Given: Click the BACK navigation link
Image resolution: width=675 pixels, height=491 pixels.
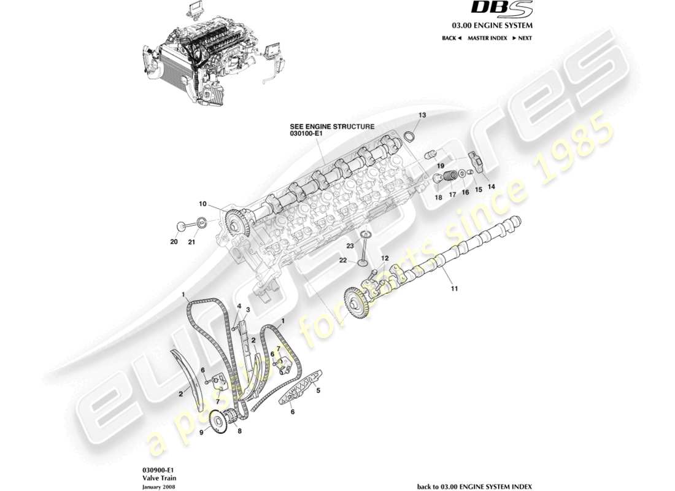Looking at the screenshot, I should (x=451, y=38).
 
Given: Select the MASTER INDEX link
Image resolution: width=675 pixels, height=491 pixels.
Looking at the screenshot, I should (x=487, y=38).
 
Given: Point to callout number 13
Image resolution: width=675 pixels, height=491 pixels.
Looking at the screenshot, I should (x=422, y=115).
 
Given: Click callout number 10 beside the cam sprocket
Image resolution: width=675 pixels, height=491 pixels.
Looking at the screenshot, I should (x=202, y=204).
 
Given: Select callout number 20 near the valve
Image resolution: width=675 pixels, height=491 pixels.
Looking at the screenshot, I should (x=174, y=242).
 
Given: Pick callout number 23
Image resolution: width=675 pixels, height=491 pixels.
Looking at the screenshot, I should (x=350, y=245).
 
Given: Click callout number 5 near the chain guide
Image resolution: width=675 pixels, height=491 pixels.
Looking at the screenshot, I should (x=318, y=389).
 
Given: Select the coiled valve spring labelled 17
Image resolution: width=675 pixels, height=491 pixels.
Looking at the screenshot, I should (x=450, y=175).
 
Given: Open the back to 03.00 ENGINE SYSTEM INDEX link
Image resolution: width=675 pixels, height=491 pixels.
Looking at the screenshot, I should (x=474, y=486).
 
